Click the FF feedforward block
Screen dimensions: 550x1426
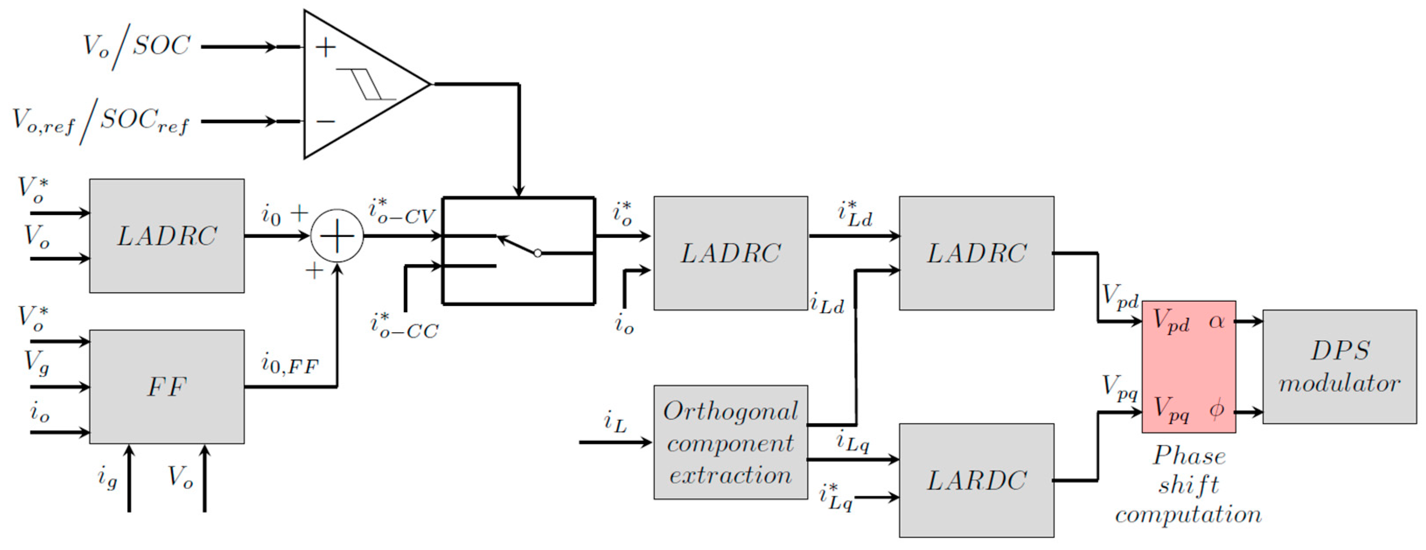[167, 387]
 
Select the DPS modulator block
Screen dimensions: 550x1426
[1339, 367]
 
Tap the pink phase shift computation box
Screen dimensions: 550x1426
[1189, 366]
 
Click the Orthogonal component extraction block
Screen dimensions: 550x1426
[730, 442]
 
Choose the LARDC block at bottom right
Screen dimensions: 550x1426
[976, 480]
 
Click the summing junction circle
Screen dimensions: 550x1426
[337, 236]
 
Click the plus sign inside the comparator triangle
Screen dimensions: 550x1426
[325, 48]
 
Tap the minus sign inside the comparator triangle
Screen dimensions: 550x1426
[325, 121]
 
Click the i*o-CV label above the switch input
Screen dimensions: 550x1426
[402, 212]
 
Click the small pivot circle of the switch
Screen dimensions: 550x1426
[537, 253]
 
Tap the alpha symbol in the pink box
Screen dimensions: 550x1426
[1216, 321]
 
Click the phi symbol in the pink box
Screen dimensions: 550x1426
[1216, 410]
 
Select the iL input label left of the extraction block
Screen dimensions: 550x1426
[615, 423]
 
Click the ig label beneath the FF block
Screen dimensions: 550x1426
[108, 477]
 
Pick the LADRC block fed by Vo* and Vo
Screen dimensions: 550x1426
[167, 236]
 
